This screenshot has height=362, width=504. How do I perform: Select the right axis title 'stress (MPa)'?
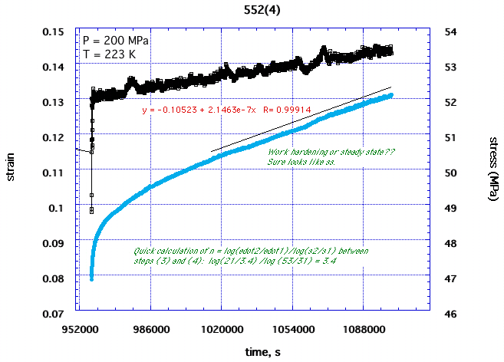[x=490, y=171]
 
